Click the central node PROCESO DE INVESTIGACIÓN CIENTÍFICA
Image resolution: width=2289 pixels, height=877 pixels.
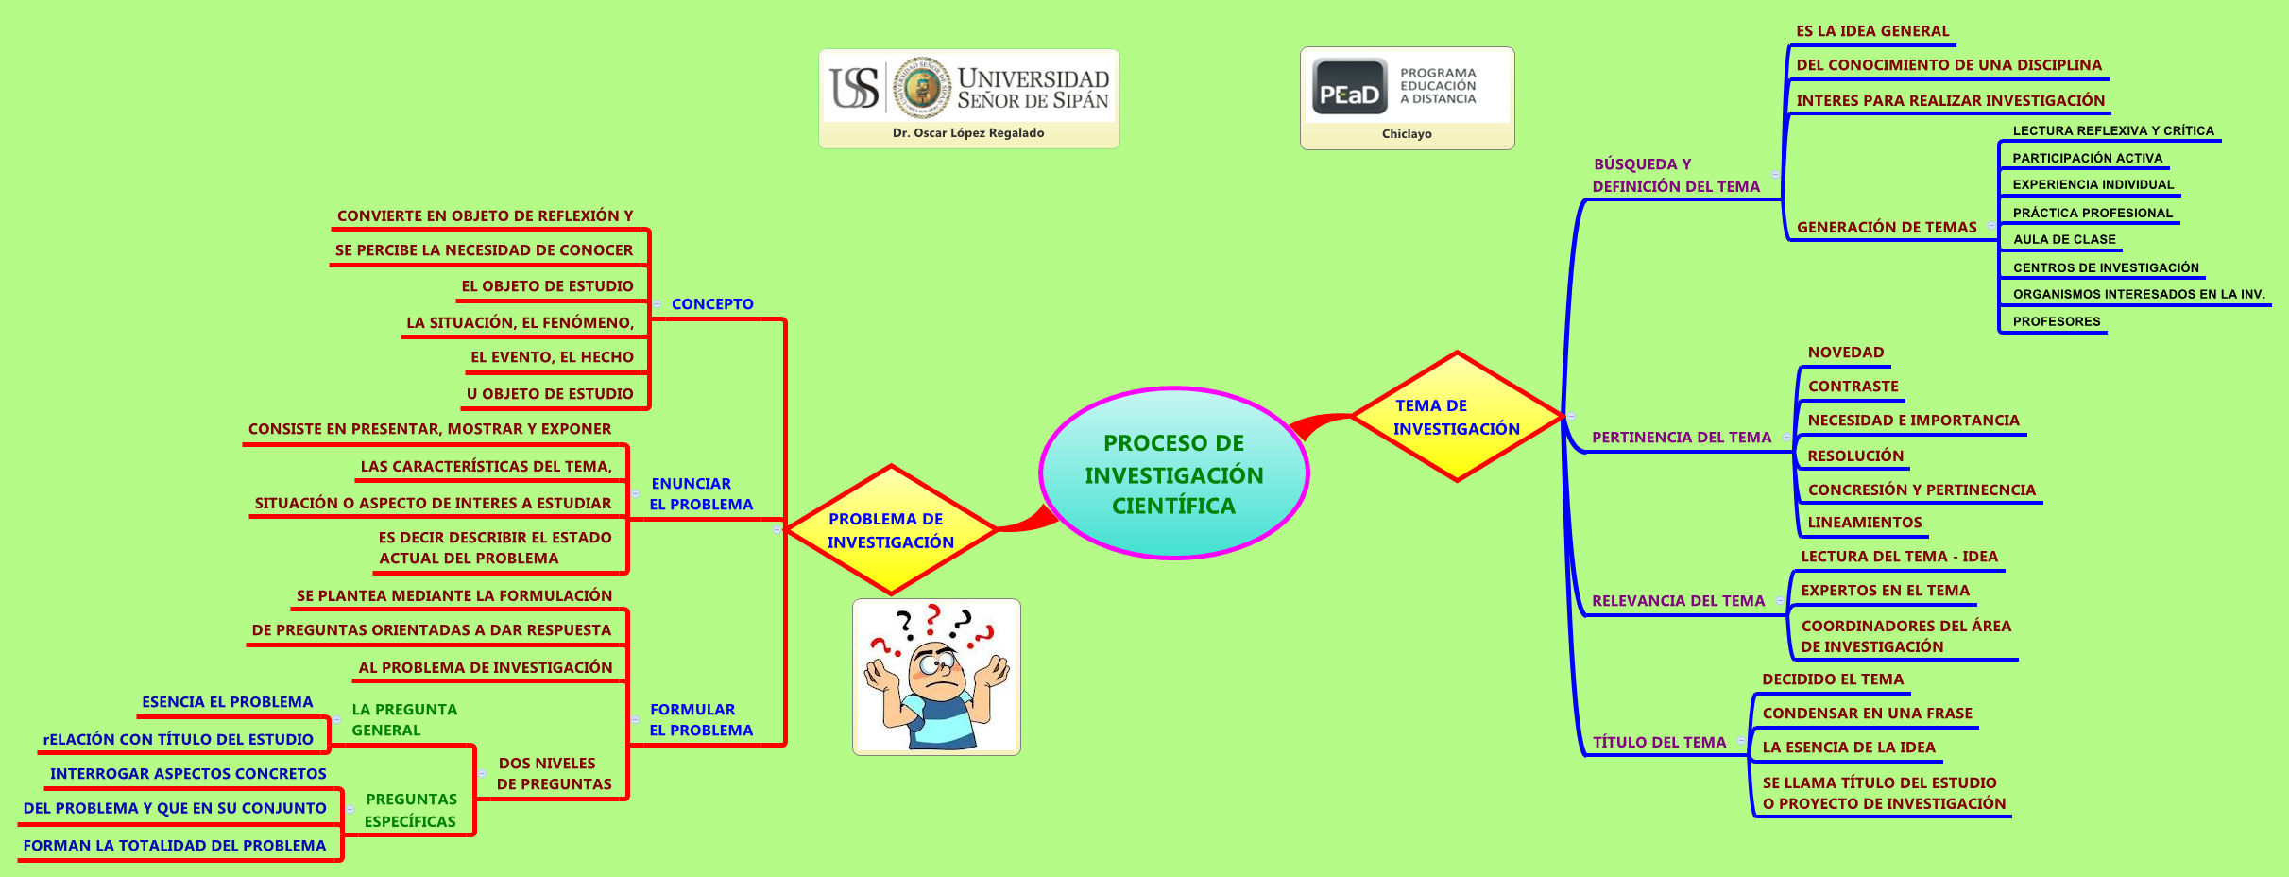coord(1173,473)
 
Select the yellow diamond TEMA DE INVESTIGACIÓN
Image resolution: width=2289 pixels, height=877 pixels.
coord(1456,417)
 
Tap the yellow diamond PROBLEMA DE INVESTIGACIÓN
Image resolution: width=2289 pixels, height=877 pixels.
coord(890,530)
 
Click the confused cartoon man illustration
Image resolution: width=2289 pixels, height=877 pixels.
coord(936,677)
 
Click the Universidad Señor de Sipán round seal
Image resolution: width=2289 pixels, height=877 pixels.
coord(921,87)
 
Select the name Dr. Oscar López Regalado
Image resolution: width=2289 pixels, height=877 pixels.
coord(967,133)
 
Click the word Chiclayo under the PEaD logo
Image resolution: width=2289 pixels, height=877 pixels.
coord(1406,134)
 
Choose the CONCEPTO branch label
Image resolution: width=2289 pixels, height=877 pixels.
coord(711,304)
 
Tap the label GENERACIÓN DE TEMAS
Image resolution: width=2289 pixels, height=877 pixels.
coord(1886,228)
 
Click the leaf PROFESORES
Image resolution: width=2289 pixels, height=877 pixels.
coord(2056,321)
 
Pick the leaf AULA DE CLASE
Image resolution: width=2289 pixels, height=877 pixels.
coord(2063,239)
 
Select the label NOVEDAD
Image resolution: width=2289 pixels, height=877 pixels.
coord(1845,353)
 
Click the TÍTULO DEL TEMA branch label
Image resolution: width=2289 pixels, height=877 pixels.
coord(1659,743)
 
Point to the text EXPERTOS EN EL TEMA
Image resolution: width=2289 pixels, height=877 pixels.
coord(1885,591)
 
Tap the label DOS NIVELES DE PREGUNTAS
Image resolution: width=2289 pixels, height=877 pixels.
coord(554,774)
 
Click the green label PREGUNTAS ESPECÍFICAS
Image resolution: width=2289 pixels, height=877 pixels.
coord(410,810)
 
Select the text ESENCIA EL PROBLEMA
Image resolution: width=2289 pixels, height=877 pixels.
coord(227,702)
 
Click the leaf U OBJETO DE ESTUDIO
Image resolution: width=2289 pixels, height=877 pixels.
coord(549,394)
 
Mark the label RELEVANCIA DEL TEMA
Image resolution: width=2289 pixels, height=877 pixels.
coord(1678,601)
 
